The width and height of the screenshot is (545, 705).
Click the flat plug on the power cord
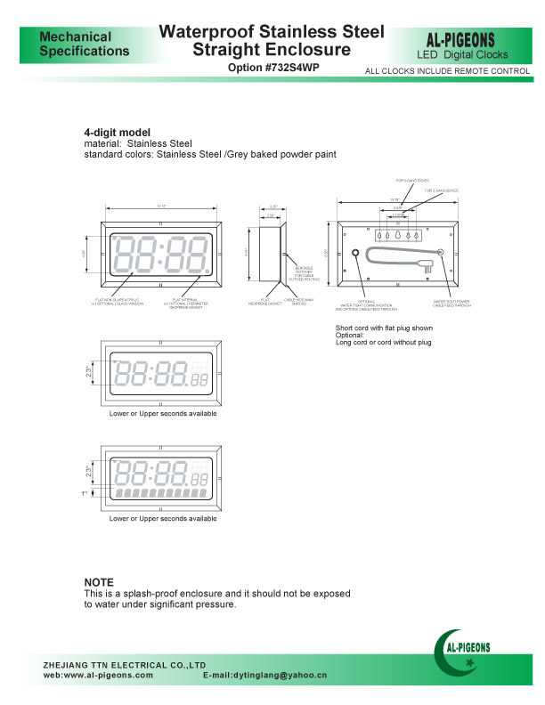[x=433, y=263]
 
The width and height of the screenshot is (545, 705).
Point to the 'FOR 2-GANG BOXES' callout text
[x=441, y=190]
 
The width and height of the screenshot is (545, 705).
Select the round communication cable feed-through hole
[x=356, y=255]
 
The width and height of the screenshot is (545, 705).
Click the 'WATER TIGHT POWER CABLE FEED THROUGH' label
[x=451, y=304]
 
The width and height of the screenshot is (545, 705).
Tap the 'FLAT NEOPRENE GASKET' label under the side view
[x=265, y=304]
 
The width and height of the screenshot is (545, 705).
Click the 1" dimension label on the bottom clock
[x=84, y=493]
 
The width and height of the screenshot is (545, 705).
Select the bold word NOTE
[x=99, y=582]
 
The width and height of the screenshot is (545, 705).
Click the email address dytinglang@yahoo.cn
[x=265, y=676]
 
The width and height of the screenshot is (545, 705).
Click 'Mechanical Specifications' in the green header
[x=84, y=44]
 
